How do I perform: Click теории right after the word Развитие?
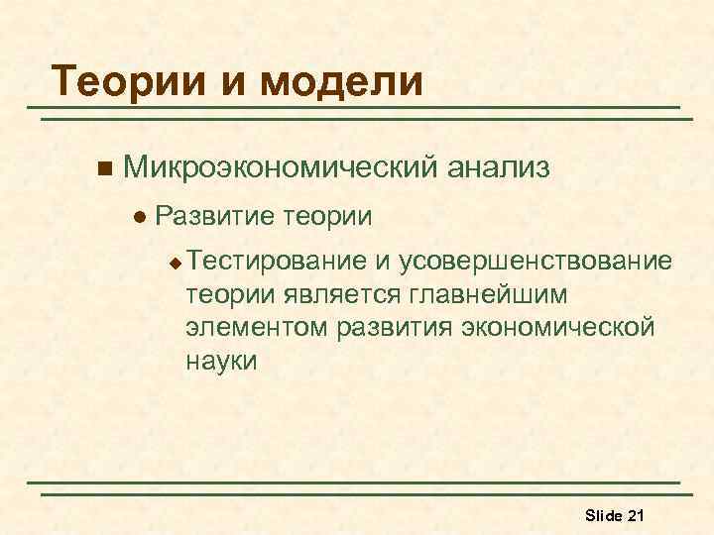pyautogui.click(x=326, y=215)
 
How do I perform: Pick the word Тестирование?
pyautogui.click(x=276, y=262)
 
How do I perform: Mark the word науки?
pyautogui.click(x=221, y=361)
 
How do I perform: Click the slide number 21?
pyautogui.click(x=637, y=514)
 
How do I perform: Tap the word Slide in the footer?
pyautogui.click(x=603, y=514)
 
